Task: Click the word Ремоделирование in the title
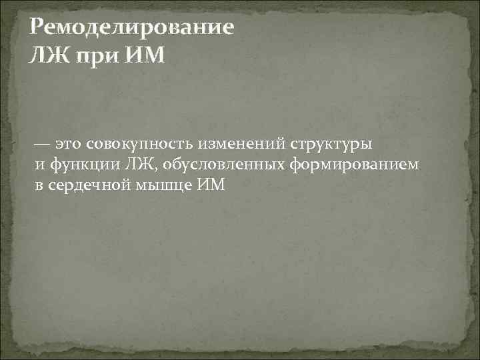(x=132, y=29)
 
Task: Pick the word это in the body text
(x=69, y=143)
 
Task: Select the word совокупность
(x=136, y=143)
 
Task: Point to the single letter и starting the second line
(x=39, y=165)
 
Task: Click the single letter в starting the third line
(x=39, y=185)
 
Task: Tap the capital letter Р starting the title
(x=37, y=29)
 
